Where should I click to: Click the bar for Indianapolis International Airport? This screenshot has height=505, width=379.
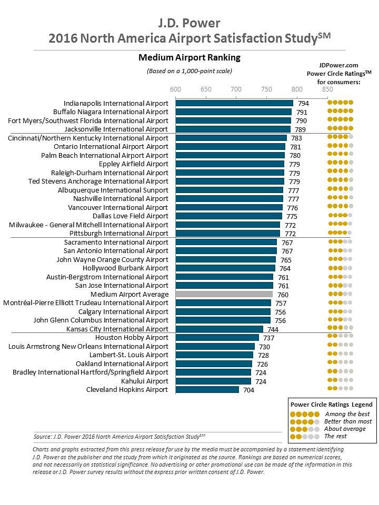pyautogui.click(x=234, y=103)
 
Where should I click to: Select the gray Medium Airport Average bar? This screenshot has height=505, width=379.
pyautogui.click(x=224, y=295)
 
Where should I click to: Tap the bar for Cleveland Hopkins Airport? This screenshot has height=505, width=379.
pyautogui.click(x=207, y=390)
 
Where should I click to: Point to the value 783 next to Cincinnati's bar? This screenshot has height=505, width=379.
pyautogui.click(x=296, y=138)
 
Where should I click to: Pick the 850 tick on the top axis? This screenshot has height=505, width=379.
pyautogui.click(x=327, y=89)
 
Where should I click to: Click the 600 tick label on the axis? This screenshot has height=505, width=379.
pyautogui.click(x=175, y=89)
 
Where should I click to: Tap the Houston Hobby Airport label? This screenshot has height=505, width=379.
pyautogui.click(x=132, y=338)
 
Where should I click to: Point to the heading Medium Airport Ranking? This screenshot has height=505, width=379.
pyautogui.click(x=189, y=57)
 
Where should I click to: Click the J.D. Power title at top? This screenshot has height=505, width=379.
pyautogui.click(x=189, y=23)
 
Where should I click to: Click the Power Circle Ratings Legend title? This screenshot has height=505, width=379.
pyautogui.click(x=331, y=405)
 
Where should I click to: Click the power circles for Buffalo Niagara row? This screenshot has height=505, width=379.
pyautogui.click(x=340, y=112)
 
